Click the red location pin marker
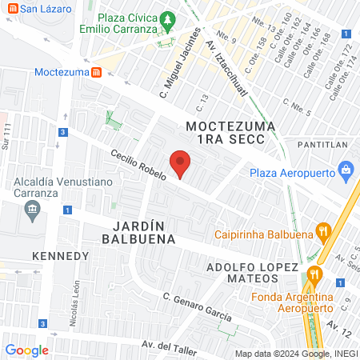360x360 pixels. click(181, 163)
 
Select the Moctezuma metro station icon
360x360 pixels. click(96, 72)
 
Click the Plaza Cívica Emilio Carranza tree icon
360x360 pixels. click(167, 18)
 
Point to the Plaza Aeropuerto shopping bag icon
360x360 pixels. click(346, 170)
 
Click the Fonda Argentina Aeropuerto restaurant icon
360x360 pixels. click(314, 274)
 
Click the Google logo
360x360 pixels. click(27, 350)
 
